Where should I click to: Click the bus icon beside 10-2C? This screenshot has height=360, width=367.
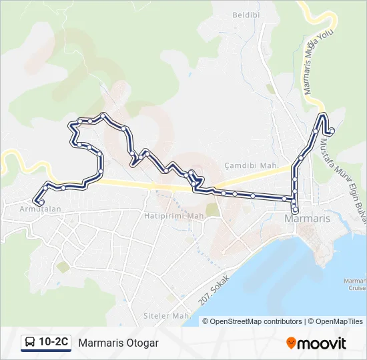(30, 343)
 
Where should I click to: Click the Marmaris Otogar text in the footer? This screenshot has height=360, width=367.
(118, 343)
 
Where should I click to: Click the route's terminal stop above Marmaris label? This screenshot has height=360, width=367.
(295, 211)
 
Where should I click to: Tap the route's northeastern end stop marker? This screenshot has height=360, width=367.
(332, 131)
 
